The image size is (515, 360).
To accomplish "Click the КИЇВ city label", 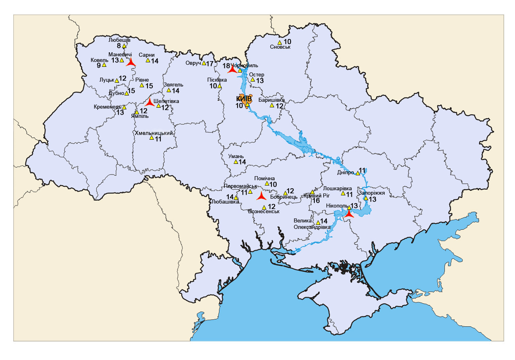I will [244, 99].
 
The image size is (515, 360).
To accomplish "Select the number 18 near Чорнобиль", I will [226, 66].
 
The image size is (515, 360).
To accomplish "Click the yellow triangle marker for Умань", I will [236, 162].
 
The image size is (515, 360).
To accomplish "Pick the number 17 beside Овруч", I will [210, 64].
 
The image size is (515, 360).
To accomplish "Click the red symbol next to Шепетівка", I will [150, 102].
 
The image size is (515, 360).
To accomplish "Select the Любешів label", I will [119, 40].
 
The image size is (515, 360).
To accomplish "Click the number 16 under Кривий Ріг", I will [316, 200].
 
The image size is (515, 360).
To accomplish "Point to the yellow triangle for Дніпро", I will [358, 173].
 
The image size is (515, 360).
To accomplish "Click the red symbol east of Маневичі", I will [130, 62].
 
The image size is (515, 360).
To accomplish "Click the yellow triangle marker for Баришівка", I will [272, 105].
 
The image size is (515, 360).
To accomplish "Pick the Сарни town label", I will [146, 55].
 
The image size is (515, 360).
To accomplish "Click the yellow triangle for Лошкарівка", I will [343, 194].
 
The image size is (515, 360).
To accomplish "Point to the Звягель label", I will [173, 84].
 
